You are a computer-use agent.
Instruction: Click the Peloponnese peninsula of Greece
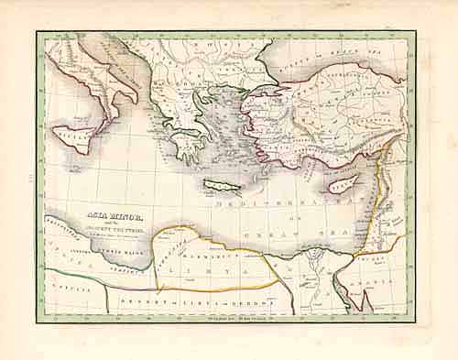pyautogui.click(x=188, y=144)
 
